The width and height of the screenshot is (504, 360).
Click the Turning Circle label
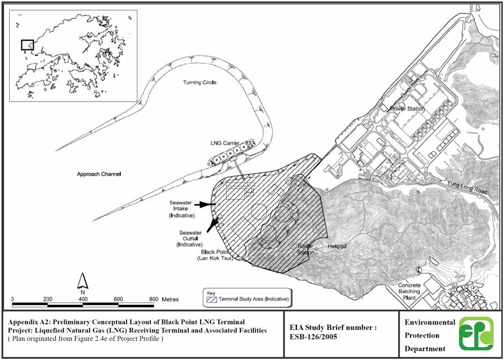(200, 83)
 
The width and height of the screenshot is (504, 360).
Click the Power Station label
(407, 109)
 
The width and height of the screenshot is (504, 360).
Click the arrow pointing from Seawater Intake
(207, 204)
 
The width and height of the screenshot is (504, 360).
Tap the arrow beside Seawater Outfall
(213, 224)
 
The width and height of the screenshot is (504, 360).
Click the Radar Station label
(305, 249)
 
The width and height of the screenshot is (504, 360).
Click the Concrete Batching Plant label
(409, 291)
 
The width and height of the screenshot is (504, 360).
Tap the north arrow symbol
(83, 282)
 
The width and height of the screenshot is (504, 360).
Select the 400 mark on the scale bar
(83, 299)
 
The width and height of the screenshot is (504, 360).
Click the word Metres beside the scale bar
(170, 299)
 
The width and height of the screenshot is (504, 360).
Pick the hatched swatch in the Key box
(211, 299)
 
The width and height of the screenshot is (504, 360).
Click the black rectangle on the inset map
(27, 45)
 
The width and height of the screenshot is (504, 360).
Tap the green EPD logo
(476, 334)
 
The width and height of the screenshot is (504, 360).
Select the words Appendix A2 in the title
(25, 322)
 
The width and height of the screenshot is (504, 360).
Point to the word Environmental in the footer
(430, 322)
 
